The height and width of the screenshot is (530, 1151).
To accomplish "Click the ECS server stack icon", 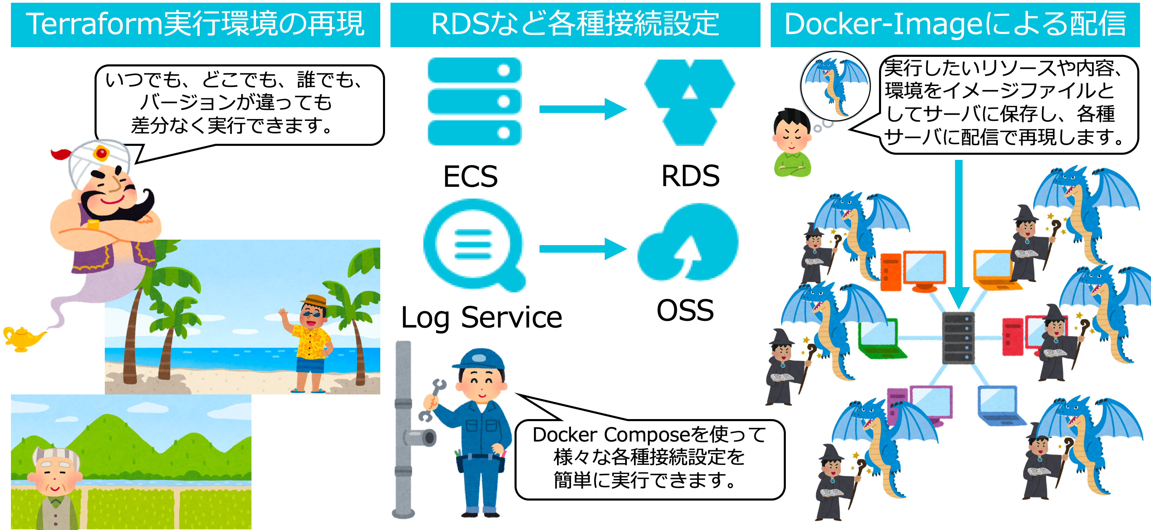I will [474, 102].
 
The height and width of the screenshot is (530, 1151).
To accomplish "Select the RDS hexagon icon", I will [690, 102].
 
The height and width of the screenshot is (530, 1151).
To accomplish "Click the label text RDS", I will [690, 176].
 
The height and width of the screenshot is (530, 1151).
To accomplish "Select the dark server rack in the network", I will [958, 338].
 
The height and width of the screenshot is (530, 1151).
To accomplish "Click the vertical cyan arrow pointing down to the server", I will [958, 232].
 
